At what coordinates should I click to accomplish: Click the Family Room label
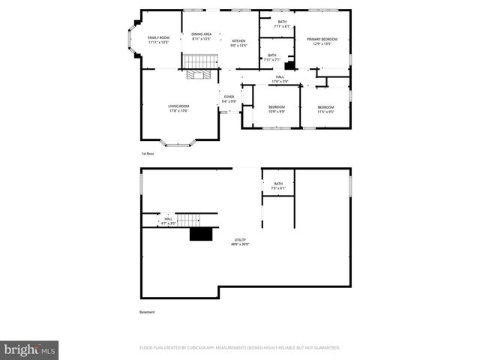(158, 40)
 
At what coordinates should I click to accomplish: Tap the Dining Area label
(201, 36)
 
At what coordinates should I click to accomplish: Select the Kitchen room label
(238, 43)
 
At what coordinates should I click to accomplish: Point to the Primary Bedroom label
(321, 41)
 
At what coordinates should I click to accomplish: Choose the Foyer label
(229, 99)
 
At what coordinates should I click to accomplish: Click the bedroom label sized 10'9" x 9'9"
(277, 109)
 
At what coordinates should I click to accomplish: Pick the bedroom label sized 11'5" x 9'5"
(325, 109)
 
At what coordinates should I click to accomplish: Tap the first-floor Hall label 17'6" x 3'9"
(279, 79)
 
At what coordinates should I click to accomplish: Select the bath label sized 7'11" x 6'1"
(282, 24)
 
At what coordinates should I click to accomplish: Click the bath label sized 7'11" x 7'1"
(271, 57)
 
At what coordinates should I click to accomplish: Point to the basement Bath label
(278, 186)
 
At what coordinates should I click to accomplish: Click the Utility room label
(240, 242)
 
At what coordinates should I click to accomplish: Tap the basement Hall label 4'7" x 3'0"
(167, 220)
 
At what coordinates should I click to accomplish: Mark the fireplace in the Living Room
(199, 75)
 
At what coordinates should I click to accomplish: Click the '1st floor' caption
(148, 153)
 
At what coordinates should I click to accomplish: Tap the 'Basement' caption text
(148, 312)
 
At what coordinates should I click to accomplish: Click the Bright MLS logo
(29, 349)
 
